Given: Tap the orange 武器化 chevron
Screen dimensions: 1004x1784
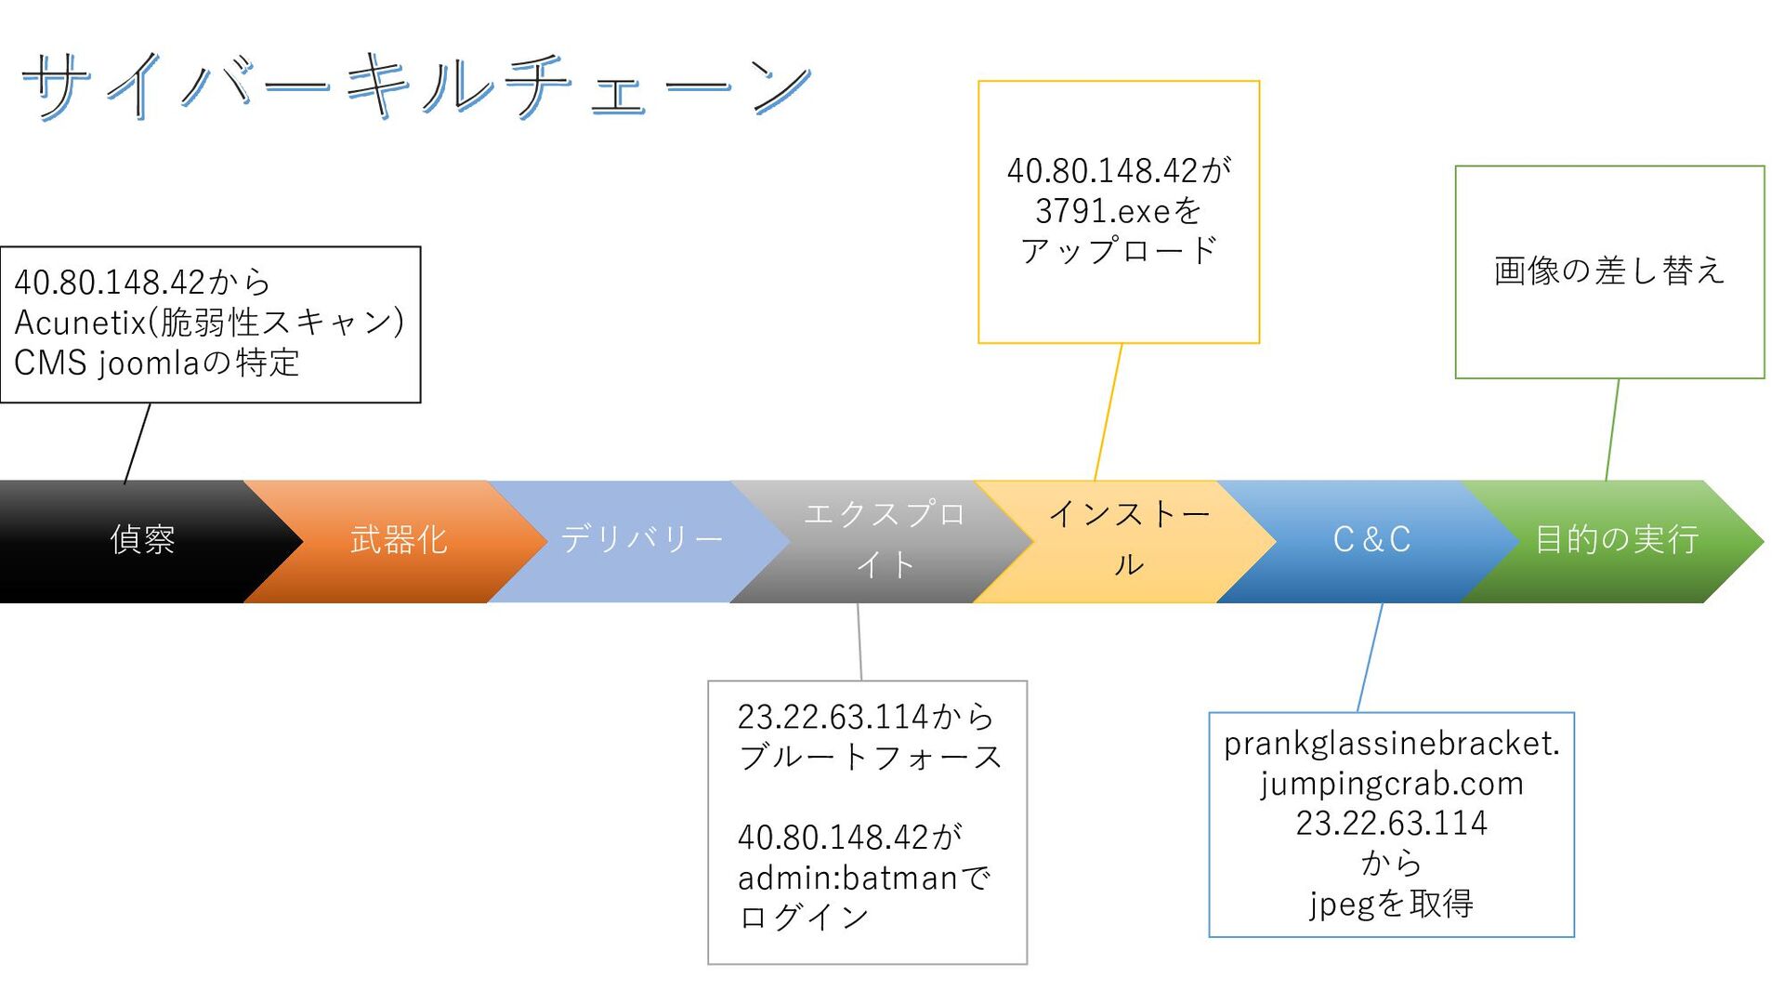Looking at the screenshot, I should (x=399, y=540).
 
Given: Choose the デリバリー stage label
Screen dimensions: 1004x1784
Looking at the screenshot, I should (x=641, y=539).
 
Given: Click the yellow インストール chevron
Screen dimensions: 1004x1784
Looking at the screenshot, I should (x=1128, y=540).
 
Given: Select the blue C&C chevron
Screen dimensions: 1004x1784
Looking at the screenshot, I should (x=1371, y=540).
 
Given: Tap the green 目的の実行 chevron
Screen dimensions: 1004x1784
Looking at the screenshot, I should (x=1616, y=540).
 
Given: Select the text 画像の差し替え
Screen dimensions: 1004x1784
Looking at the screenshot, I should (x=1608, y=271).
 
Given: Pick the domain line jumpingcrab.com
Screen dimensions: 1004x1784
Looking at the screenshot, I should (x=1391, y=785).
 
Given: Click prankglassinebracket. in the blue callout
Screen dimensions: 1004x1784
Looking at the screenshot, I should (x=1391, y=744).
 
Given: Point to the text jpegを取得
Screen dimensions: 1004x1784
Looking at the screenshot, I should (x=1391, y=904).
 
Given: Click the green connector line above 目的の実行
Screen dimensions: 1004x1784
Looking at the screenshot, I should (x=1612, y=429).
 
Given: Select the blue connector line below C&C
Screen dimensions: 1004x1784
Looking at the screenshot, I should (x=1370, y=658).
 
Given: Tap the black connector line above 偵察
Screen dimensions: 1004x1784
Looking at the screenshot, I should (x=137, y=443).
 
